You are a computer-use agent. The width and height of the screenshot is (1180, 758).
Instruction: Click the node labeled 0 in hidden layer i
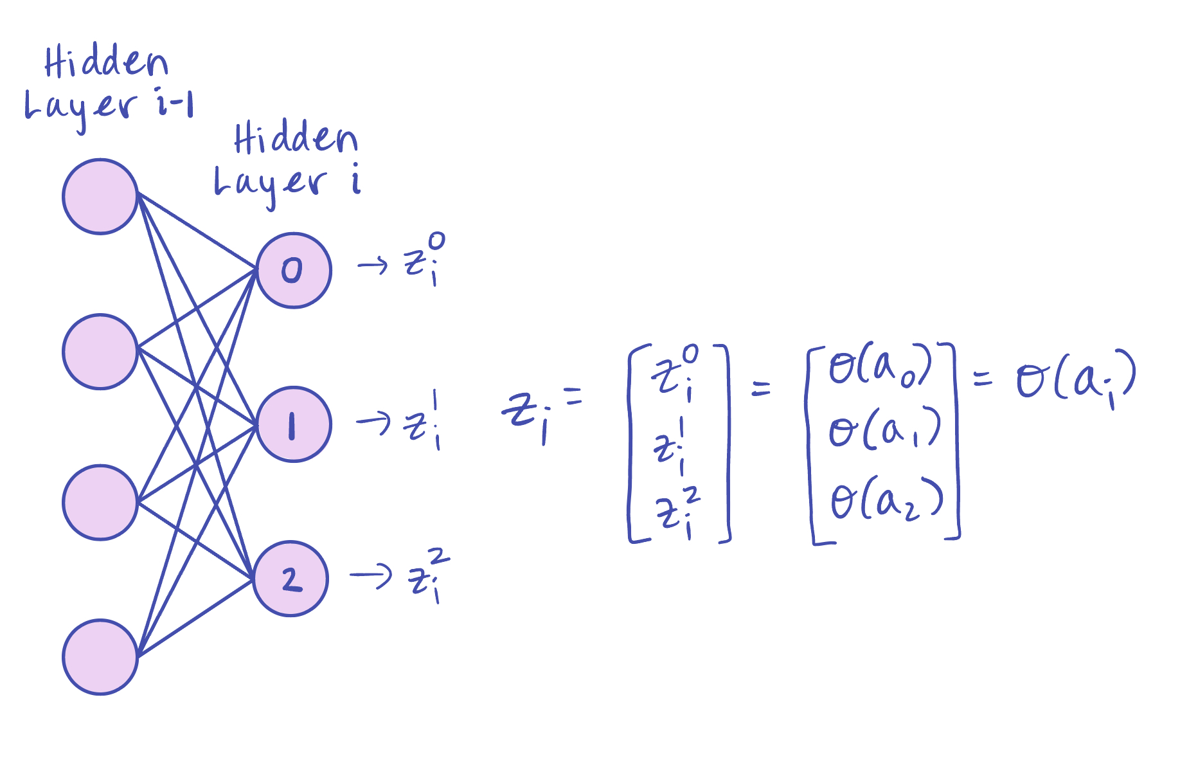click(294, 271)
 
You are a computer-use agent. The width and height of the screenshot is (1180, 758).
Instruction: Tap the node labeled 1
click(294, 424)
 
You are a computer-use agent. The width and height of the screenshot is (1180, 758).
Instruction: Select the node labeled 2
click(291, 579)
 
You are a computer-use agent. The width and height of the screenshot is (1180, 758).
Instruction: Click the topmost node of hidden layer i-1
click(100, 197)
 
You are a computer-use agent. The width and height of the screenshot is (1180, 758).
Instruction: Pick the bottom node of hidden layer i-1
click(100, 657)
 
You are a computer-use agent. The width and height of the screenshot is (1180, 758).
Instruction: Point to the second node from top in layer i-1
click(100, 352)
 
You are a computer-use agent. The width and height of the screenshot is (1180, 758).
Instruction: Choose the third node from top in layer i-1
click(100, 503)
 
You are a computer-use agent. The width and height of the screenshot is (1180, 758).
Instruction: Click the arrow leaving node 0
click(373, 264)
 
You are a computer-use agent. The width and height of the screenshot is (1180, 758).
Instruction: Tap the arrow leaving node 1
click(373, 422)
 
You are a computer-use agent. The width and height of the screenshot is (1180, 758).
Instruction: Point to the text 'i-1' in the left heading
click(175, 104)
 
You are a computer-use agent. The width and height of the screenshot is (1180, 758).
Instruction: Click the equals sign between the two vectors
click(761, 388)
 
